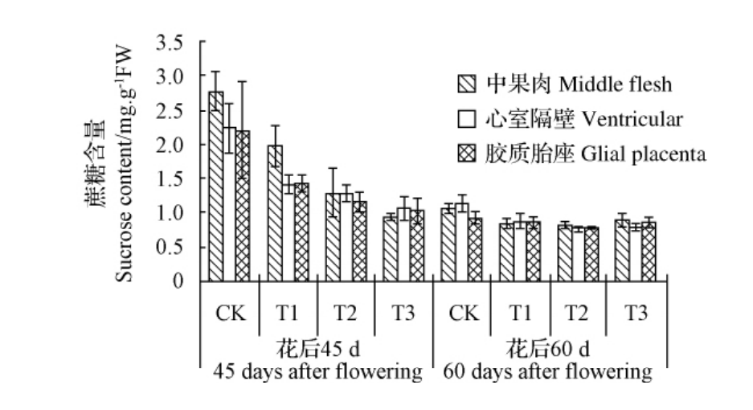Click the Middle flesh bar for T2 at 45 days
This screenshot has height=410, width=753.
[x=333, y=237]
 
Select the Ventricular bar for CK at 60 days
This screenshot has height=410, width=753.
[x=462, y=242]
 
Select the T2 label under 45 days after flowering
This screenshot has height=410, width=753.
[x=346, y=314]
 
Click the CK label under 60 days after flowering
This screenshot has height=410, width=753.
[x=462, y=314]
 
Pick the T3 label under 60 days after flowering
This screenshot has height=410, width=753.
[x=636, y=314]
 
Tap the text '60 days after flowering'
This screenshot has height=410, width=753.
[x=547, y=372]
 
